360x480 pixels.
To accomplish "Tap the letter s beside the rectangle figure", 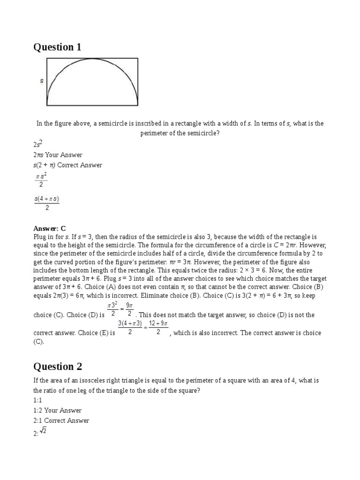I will coord(42,81).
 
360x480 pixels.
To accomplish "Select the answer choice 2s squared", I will coord(38,144).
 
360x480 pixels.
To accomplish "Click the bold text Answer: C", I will coord(48,228).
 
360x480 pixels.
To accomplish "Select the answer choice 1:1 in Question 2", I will coord(37,400).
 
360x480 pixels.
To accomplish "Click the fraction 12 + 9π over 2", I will coord(158,328).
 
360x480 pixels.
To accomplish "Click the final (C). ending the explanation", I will coord(38,342).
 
